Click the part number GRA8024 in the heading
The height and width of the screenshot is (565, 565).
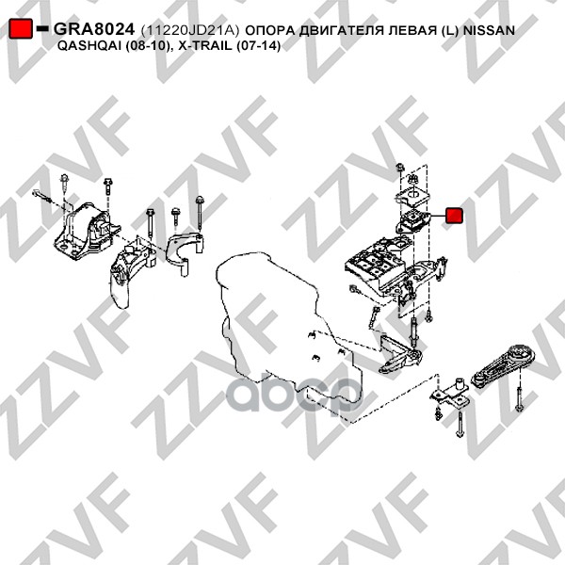pos(94,29)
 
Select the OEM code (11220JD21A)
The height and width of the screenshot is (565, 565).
pos(190,31)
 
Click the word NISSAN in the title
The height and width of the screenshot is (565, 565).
pos(489,30)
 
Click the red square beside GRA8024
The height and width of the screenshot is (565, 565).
pos(20,28)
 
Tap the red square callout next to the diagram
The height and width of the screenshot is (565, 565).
pos(453,216)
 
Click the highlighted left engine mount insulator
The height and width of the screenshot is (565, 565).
pos(413,220)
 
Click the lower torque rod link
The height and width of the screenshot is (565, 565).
pos(503,366)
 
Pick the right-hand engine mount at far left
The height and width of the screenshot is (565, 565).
pos(87,231)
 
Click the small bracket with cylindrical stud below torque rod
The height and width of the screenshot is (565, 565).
pos(450,393)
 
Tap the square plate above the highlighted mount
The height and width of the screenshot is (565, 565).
pos(412,195)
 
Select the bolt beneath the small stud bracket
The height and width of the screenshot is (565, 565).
pos(460,425)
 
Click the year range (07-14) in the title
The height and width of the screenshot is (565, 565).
pos(258,46)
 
